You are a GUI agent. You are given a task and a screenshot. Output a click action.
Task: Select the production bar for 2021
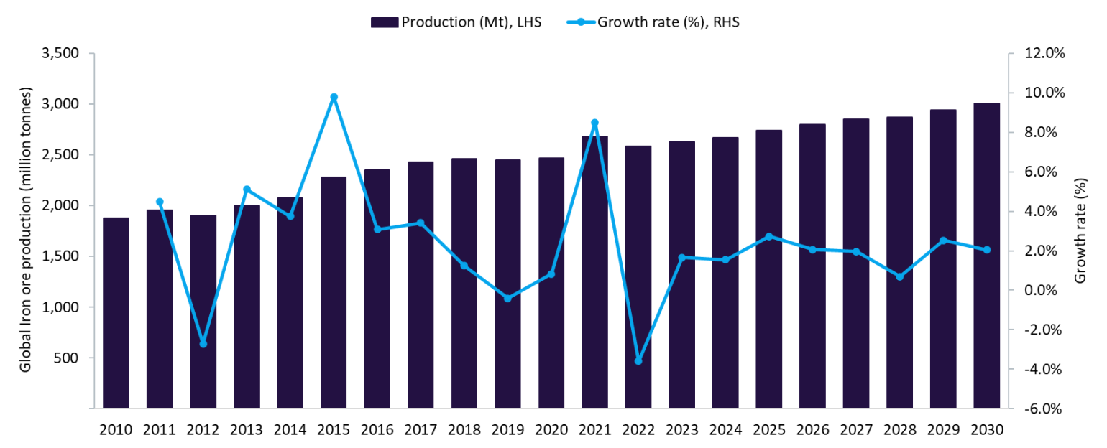point(594,272)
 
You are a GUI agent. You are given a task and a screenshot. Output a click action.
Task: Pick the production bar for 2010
point(116,313)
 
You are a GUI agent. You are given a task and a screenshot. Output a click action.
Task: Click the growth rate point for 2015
point(334,97)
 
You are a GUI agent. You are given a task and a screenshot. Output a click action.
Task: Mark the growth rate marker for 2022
point(638,361)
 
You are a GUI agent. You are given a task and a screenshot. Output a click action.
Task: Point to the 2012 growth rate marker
point(203,344)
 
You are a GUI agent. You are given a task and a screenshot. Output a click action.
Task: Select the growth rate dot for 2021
point(594,123)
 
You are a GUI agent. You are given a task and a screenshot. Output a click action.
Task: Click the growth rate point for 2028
point(899,276)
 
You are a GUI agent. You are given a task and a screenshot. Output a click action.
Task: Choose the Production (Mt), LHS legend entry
point(456,22)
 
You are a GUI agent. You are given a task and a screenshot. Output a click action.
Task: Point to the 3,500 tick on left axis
point(62,54)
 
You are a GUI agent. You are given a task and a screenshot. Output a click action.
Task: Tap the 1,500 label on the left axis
point(62,256)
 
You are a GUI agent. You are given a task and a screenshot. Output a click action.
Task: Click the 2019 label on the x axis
point(507,430)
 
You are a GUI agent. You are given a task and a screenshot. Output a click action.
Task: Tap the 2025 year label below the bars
point(768,430)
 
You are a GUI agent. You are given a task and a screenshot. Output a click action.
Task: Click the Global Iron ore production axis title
point(26,230)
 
